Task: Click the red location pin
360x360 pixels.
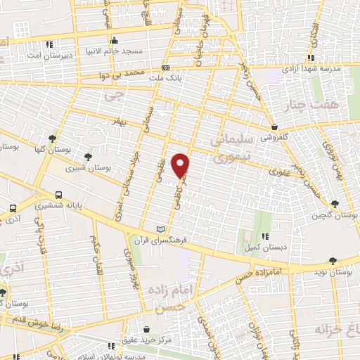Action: coord(181,165)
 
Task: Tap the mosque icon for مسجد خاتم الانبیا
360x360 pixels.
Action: coord(113,39)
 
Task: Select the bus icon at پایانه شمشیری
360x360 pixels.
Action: coord(59,194)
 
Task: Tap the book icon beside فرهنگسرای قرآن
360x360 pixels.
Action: coord(161,229)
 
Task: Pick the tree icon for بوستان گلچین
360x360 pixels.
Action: coord(333,203)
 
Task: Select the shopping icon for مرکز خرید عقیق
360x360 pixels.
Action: coord(146,329)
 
